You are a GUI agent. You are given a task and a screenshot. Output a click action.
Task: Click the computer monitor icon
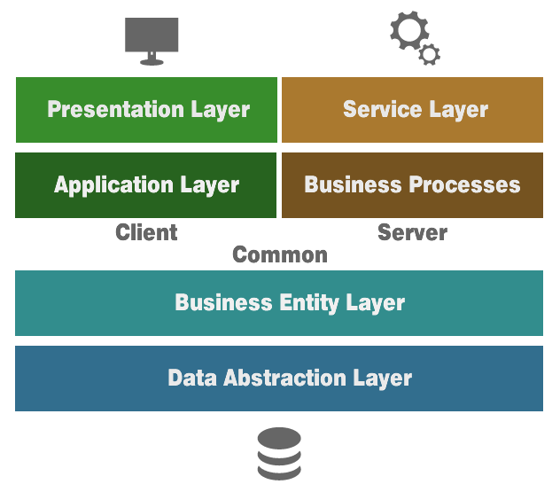click(152, 40)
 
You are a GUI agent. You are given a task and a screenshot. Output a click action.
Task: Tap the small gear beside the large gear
click(430, 54)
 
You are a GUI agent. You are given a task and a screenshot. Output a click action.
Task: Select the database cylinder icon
click(279, 454)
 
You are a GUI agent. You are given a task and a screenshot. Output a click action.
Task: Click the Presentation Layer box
click(146, 110)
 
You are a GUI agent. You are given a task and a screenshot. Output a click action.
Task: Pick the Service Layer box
click(412, 110)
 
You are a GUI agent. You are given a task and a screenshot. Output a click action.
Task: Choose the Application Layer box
click(146, 185)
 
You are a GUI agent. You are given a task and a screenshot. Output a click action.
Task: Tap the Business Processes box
click(412, 185)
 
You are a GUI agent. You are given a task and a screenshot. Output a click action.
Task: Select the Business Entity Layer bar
click(279, 303)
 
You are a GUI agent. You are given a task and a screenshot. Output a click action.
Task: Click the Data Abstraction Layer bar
click(279, 379)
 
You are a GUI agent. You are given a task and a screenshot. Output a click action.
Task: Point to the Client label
click(146, 233)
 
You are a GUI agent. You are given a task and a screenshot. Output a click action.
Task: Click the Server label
click(412, 233)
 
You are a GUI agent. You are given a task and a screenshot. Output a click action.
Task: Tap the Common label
click(279, 254)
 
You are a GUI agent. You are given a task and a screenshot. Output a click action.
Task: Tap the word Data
click(191, 379)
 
